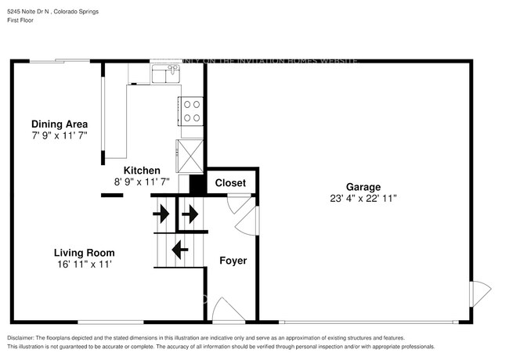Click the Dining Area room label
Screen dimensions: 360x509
[59, 124]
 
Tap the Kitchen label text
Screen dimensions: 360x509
[142, 170]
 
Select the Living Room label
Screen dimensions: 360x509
[84, 253]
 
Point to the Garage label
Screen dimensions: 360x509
[363, 187]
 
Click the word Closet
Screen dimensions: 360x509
[230, 183]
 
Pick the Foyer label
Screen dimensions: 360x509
[233, 260]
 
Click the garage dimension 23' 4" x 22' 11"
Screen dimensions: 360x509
[363, 199]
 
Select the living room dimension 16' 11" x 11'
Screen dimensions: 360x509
[84, 265]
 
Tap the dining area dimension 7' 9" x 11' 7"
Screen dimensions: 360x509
[59, 135]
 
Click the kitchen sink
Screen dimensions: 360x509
[166, 74]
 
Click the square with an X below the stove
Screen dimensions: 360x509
[191, 153]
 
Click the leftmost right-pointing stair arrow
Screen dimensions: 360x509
[161, 212]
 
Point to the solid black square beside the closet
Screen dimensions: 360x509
[197, 184]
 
